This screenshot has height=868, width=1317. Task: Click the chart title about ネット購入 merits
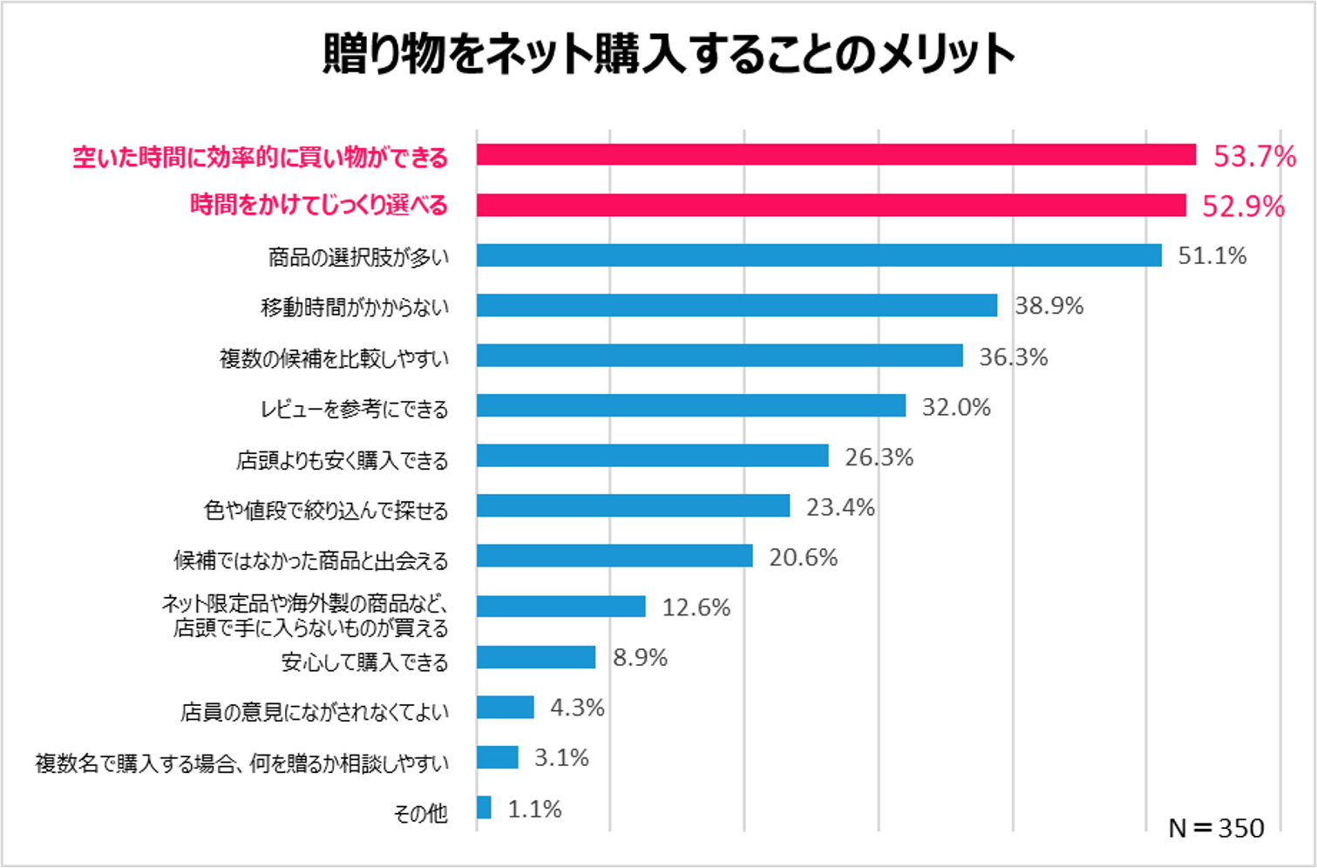(669, 54)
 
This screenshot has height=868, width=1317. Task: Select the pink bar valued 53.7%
(836, 155)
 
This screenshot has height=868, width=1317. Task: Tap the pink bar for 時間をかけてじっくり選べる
(831, 206)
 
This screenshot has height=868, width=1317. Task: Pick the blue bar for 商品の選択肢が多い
(818, 255)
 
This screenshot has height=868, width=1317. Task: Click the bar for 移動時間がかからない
(737, 306)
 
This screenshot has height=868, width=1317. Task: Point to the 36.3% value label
(1013, 357)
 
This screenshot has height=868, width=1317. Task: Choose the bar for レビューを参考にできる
(690, 406)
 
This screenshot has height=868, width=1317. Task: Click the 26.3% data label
(879, 458)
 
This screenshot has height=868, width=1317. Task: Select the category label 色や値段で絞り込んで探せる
(326, 510)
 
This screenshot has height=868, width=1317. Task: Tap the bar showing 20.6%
(614, 556)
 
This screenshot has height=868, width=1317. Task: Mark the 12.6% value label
(696, 607)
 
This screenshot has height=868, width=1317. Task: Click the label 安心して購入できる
(364, 662)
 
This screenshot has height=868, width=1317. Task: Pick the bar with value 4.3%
(505, 708)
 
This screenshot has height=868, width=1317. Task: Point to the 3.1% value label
(561, 758)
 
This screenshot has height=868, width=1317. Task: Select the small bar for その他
(484, 808)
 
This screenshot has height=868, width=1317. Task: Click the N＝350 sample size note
(1216, 828)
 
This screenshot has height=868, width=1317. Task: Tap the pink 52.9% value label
(1243, 207)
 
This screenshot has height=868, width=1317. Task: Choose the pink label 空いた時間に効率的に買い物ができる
(260, 158)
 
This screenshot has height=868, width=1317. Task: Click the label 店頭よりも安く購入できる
(342, 459)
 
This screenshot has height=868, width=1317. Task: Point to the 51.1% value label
(1212, 256)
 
